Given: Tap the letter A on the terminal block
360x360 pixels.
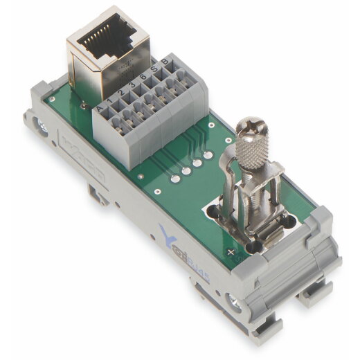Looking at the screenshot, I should [x=102, y=107].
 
